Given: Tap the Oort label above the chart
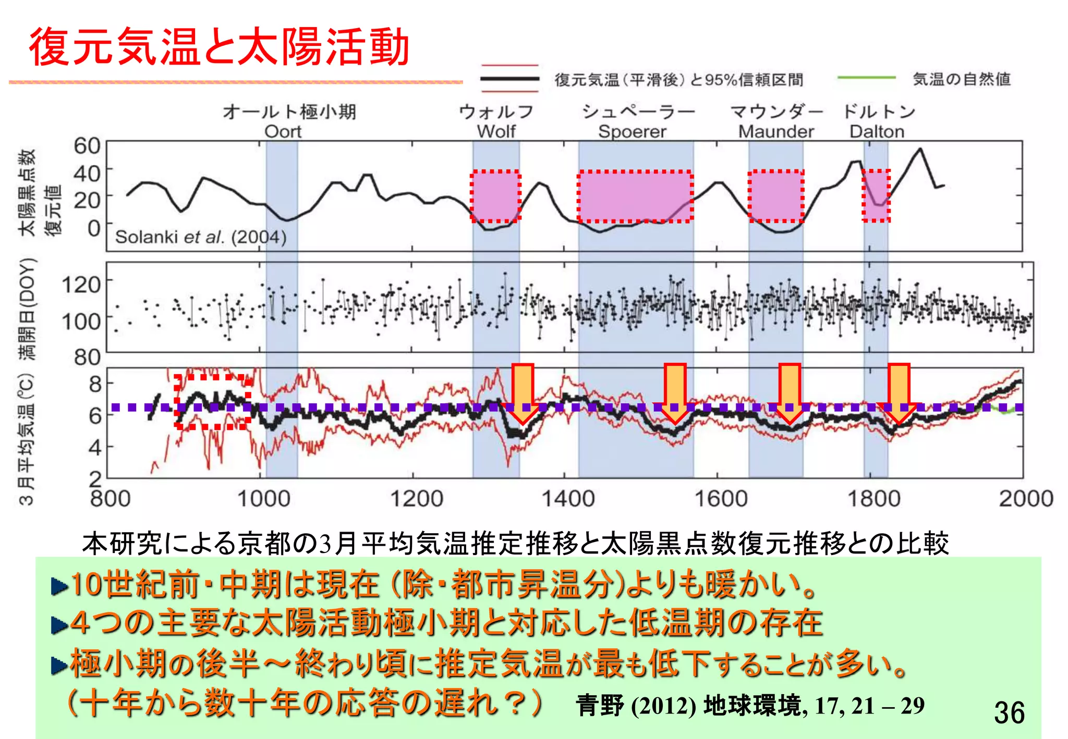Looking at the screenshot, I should click(283, 131).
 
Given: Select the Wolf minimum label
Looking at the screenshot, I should click(496, 131).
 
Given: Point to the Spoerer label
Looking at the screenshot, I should click(632, 131).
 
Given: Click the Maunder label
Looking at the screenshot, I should click(776, 131).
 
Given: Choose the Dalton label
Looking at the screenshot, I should click(877, 131).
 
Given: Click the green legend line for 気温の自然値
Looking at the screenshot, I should click(866, 78).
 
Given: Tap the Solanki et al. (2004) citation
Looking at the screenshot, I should click(201, 237).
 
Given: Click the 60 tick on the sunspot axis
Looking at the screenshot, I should click(87, 145).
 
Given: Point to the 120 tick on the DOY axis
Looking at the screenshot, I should click(81, 285).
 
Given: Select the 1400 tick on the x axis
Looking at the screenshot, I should click(568, 499).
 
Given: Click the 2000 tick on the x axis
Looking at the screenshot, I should click(1026, 499).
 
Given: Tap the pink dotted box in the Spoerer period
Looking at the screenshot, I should click(635, 196).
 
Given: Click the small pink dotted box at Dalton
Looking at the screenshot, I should click(876, 195).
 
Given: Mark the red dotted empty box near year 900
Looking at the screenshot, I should click(212, 401).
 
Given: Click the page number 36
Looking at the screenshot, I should click(1009, 712).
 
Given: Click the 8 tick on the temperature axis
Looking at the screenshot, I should click(95, 384).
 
